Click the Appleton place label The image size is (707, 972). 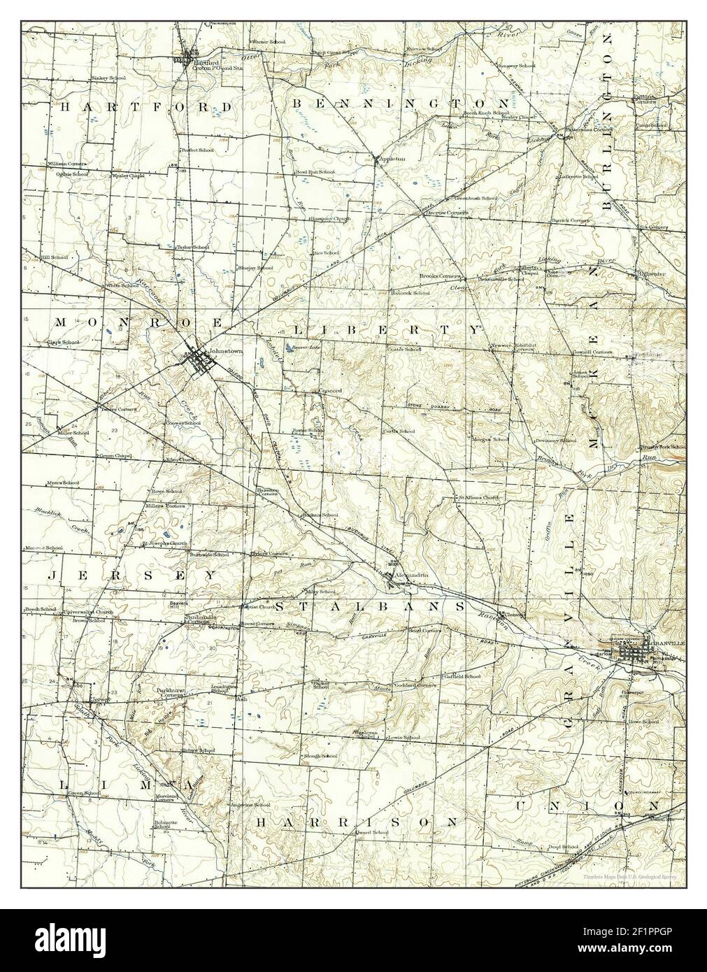click(x=391, y=159)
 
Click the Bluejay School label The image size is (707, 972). click(x=255, y=267)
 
